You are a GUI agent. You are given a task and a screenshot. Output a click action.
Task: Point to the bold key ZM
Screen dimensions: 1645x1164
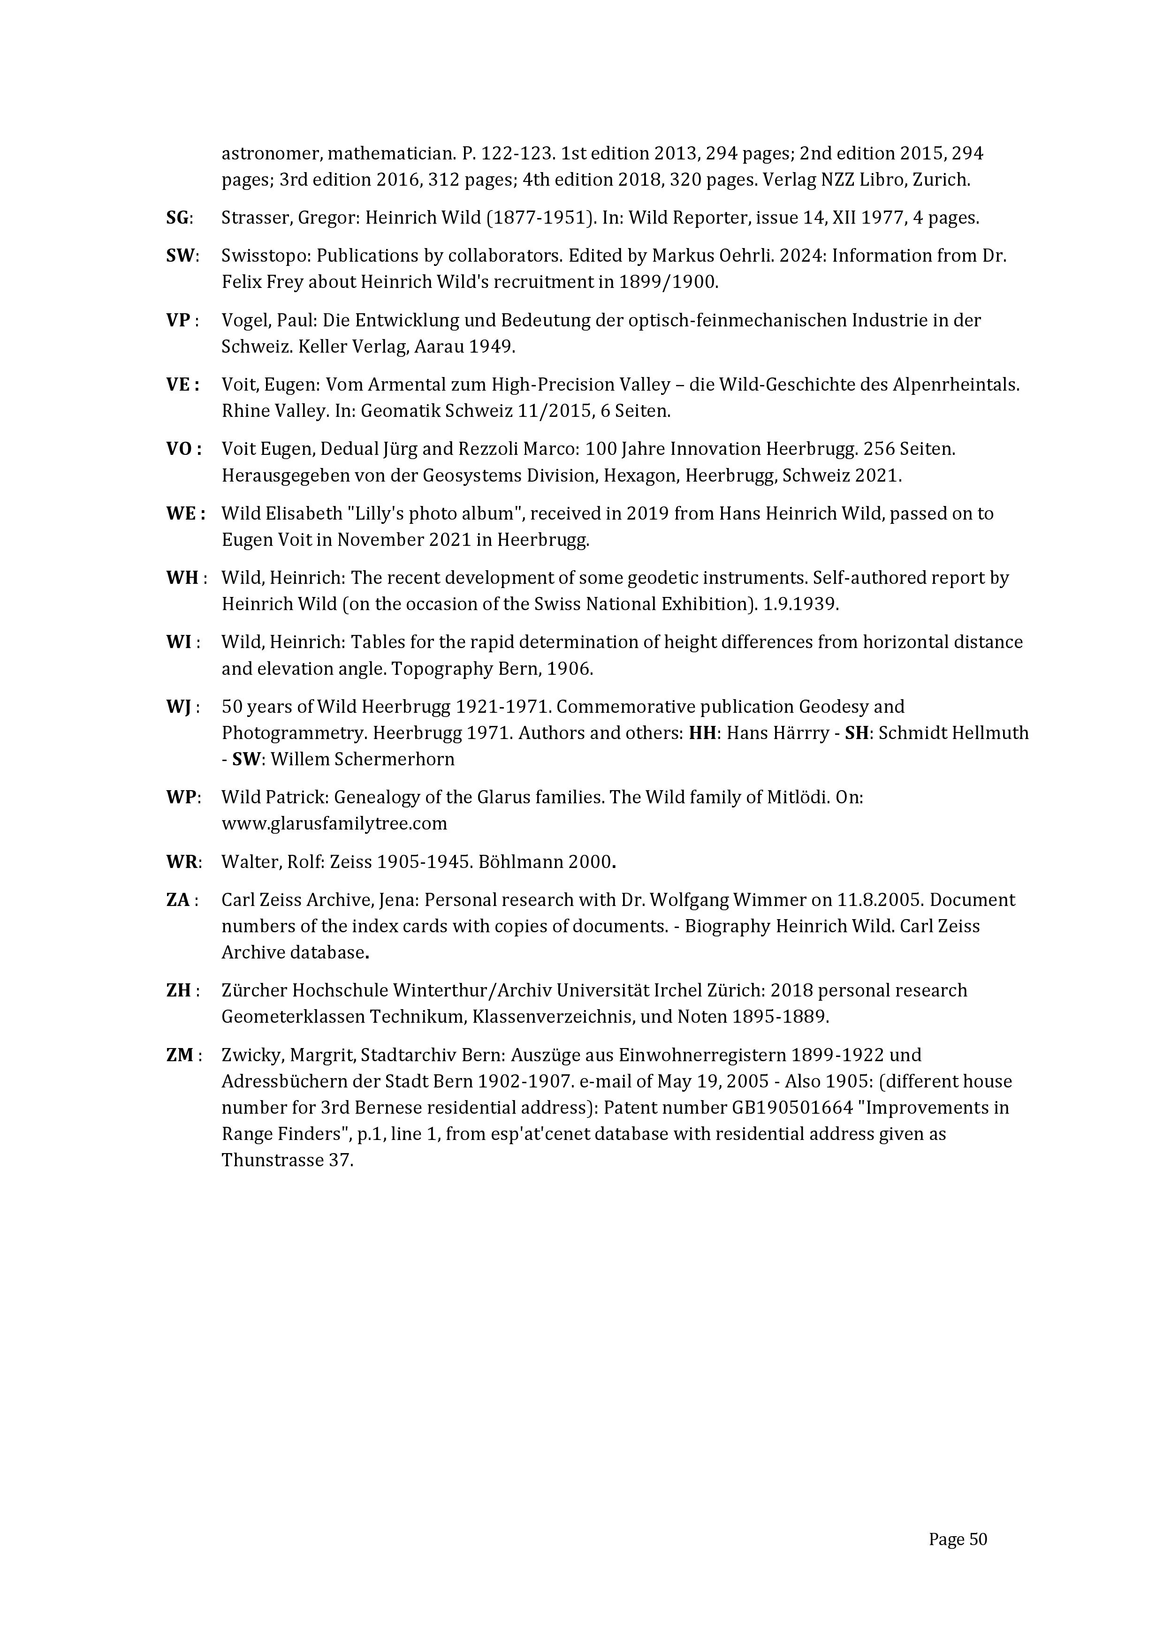(179, 1056)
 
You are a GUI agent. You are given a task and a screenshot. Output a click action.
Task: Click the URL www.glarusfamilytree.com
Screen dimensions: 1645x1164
(334, 824)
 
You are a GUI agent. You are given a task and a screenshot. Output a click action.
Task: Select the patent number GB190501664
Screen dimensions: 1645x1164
(792, 1108)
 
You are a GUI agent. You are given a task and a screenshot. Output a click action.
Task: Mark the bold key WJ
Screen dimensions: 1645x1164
(178, 707)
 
